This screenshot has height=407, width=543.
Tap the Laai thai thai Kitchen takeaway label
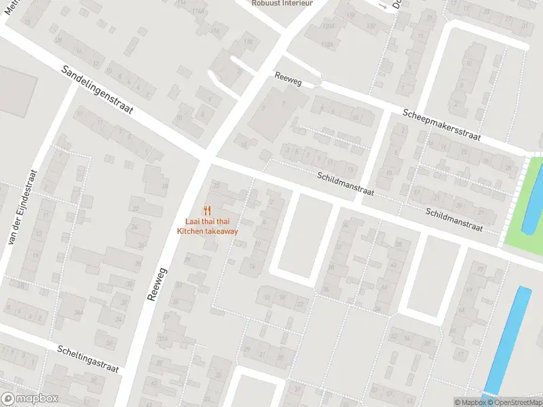click(x=208, y=227)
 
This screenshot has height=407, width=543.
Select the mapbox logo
click(x=29, y=399)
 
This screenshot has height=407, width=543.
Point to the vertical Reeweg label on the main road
click(x=157, y=284)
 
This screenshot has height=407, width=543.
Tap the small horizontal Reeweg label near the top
click(x=288, y=78)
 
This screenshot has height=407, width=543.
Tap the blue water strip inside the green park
click(x=533, y=203)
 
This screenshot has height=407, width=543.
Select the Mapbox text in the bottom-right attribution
click(x=470, y=402)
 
